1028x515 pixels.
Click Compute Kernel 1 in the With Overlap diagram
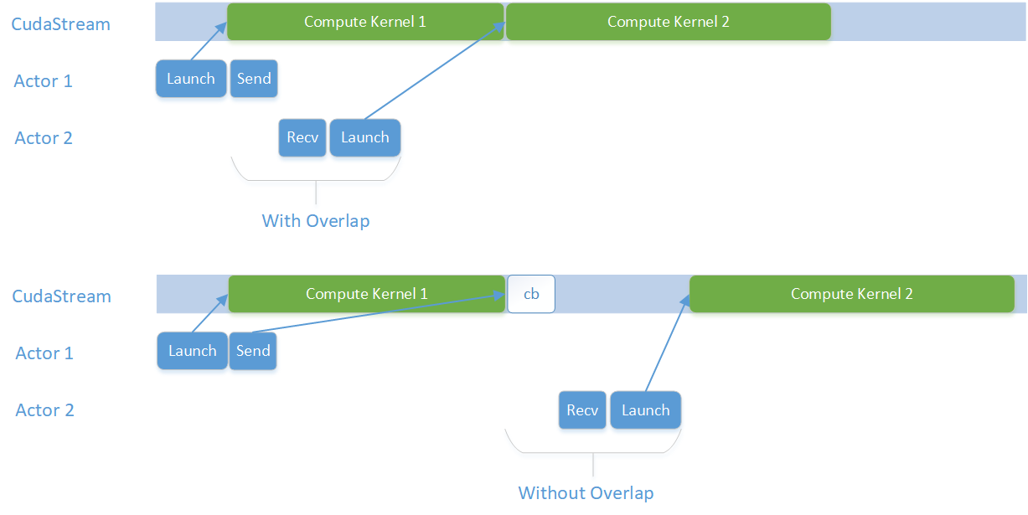[365, 22]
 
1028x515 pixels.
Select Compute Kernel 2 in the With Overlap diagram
[668, 22]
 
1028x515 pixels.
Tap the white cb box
[531, 295]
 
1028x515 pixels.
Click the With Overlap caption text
[316, 221]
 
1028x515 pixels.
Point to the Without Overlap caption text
[586, 492]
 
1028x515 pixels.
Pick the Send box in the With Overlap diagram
[254, 79]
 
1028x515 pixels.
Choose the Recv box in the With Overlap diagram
[302, 137]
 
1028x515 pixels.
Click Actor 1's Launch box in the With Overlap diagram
[191, 79]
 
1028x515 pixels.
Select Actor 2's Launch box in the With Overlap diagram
[365, 137]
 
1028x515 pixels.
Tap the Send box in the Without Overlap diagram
[253, 351]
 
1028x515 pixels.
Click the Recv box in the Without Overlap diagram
[582, 410]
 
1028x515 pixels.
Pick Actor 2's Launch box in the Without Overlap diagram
[645, 410]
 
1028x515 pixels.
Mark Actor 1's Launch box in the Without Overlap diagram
[193, 351]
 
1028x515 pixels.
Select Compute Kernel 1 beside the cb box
[367, 294]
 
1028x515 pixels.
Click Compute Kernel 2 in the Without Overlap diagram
[851, 294]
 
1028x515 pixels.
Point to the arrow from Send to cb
[377, 314]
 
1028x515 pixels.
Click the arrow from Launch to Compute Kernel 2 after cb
[667, 345]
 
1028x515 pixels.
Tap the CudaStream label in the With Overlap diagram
[60, 23]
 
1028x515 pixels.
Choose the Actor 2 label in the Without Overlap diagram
[45, 410]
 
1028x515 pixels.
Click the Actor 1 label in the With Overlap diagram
[43, 81]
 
